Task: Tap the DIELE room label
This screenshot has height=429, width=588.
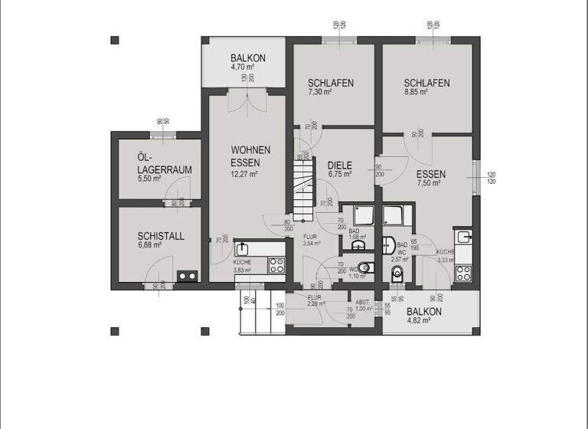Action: tap(338, 165)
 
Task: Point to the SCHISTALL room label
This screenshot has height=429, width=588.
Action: tap(161, 237)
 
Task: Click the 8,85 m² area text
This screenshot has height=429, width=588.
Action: tap(416, 92)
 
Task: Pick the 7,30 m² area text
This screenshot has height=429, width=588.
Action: tap(319, 92)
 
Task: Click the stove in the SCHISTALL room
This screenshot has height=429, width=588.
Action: tap(188, 276)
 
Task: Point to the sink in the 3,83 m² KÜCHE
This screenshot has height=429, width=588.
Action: tap(243, 249)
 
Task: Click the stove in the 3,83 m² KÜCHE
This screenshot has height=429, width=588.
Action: tap(276, 265)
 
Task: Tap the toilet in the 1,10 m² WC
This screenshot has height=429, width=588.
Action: tap(365, 268)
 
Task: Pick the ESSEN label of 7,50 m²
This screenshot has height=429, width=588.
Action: tap(431, 174)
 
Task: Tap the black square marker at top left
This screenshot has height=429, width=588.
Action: tap(115, 40)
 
